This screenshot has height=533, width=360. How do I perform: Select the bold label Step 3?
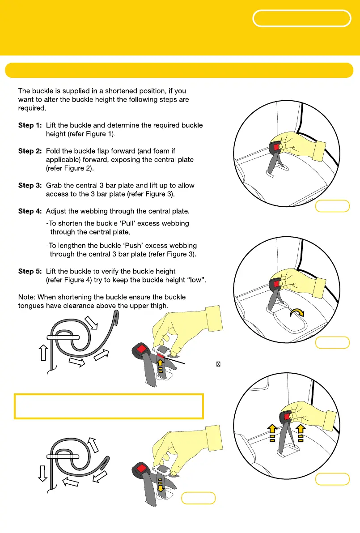[x=29, y=186]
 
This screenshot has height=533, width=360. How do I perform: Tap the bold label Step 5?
[x=29, y=272]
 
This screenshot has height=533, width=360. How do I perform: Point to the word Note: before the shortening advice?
[x=26, y=297]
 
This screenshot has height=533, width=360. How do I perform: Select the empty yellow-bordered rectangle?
[x=109, y=406]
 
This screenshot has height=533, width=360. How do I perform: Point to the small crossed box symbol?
[x=218, y=364]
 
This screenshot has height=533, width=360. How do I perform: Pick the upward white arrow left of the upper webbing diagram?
[x=43, y=353]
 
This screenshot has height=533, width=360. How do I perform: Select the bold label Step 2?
[x=29, y=151]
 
